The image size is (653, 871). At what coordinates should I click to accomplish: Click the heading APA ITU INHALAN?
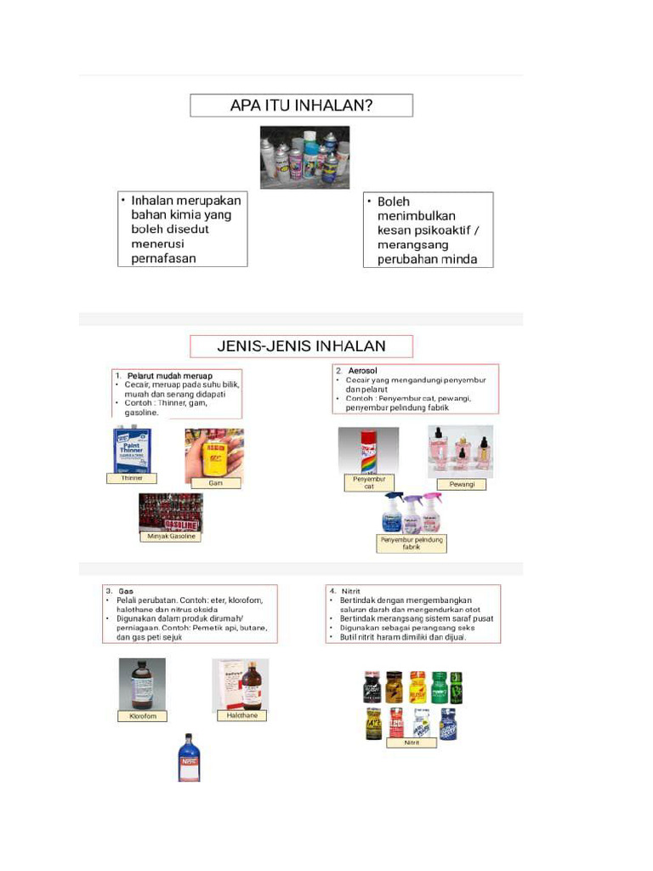301,105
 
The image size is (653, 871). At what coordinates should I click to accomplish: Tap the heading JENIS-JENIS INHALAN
301,346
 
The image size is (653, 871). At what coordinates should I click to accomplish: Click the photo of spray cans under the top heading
304,157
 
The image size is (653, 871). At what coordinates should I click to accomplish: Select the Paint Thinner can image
132,450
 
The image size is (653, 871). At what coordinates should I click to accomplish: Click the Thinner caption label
131,479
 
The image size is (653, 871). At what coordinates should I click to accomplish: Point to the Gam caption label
214,482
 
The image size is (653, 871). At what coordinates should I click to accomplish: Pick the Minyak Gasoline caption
171,537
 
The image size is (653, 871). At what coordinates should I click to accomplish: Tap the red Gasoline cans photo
171,512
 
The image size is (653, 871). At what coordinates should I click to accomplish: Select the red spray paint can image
368,451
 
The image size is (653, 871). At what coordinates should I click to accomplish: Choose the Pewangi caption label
461,484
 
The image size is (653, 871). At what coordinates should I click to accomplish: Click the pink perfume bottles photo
460,452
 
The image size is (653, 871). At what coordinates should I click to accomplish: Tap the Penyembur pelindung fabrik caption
412,544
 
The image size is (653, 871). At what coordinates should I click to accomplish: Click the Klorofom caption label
143,716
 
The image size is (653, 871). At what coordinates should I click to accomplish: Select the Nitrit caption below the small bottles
412,743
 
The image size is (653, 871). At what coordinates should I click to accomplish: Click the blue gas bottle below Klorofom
188,757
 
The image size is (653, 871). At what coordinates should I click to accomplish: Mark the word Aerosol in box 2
362,371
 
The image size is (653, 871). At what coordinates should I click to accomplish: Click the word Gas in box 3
126,590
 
